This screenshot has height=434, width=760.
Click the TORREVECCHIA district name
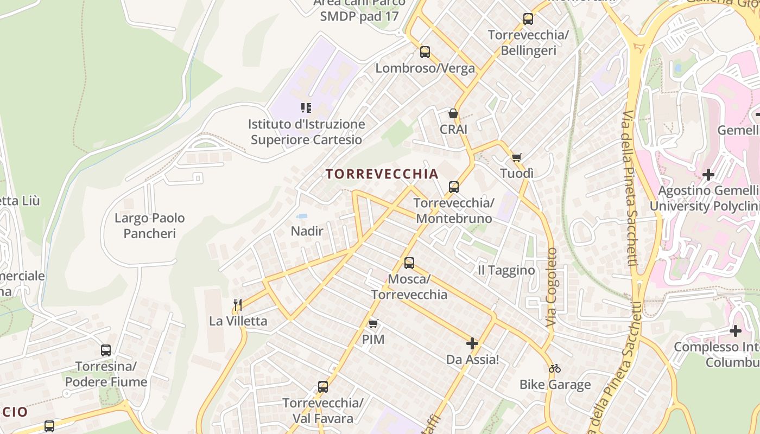coord(382,174)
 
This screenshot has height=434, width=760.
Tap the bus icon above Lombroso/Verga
coord(425,52)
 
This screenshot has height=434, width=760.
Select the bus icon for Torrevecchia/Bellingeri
coord(528,19)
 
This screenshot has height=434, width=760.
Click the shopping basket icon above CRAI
coord(453,113)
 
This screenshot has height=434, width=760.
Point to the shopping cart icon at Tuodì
coord(516,157)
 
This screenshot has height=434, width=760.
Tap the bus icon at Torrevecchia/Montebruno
coord(454,187)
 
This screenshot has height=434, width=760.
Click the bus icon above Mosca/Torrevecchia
coord(409,263)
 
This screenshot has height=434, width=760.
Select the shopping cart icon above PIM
coord(373,324)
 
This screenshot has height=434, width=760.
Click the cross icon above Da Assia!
coord(472,343)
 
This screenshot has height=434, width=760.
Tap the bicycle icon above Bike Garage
coord(555,368)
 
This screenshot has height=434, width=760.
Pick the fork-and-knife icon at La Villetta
coord(238,304)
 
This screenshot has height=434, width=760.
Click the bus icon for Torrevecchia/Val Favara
coord(323,387)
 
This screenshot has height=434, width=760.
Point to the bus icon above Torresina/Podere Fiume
coord(106,350)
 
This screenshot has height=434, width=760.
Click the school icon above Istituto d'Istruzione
coord(306,108)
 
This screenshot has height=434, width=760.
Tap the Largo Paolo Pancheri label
coord(150,226)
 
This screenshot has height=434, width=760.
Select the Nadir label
coord(307,231)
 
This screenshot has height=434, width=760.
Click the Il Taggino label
coord(506,270)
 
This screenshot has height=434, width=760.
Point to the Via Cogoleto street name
coord(552,287)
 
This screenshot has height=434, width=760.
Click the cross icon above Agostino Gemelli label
coord(708,175)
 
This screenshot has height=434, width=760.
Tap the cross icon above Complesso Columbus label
coord(736,330)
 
